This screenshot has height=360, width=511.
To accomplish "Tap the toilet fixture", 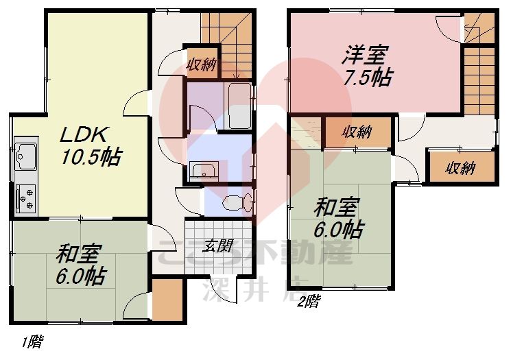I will click(x=236, y=202).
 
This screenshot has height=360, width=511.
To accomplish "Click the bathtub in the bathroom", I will click(x=239, y=106).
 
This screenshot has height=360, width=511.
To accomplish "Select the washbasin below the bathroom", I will click(x=204, y=171).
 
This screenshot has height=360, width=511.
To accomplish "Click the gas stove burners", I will click(x=27, y=198).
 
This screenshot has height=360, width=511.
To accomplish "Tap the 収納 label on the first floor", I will click(x=202, y=65).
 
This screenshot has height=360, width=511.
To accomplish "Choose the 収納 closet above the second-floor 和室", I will click(x=357, y=131).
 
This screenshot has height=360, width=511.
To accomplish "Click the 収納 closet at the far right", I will click(x=460, y=168).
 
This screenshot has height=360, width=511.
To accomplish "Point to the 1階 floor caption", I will click(x=31, y=341).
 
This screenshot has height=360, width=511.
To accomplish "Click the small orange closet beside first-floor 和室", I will click(x=167, y=299).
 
